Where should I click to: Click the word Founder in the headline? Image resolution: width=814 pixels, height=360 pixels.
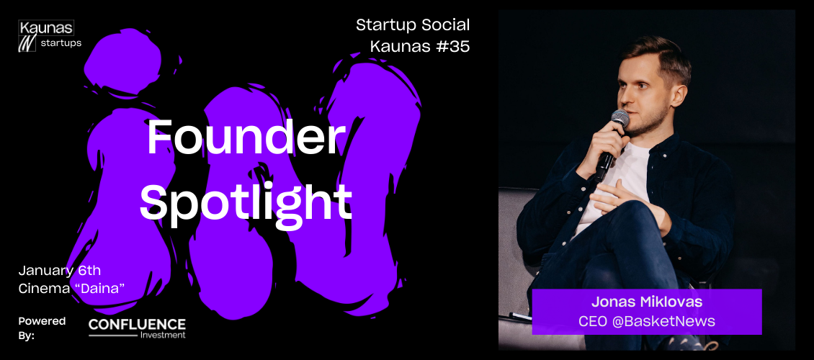[x=246, y=138]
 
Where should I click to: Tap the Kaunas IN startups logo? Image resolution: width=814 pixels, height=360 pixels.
[x=50, y=36]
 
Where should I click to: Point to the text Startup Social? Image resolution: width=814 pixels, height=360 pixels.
[x=413, y=25]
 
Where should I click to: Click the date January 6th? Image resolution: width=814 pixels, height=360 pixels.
[x=60, y=271]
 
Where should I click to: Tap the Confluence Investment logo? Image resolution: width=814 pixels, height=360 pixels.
[x=137, y=328]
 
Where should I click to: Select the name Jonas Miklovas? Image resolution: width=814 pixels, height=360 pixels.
[x=647, y=303]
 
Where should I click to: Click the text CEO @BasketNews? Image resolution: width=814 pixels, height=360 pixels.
[x=647, y=322]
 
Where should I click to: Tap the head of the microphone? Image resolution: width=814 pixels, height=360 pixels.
[x=620, y=118]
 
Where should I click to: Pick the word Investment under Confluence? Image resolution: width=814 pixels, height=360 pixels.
[x=163, y=335]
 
